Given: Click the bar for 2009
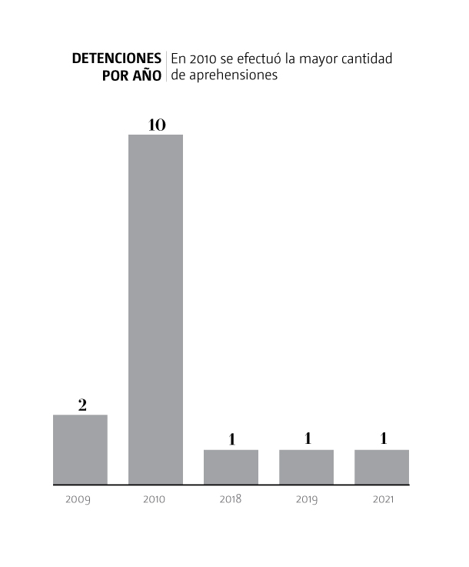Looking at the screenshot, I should coord(80,450).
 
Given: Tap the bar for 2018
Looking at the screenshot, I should coord(231,467).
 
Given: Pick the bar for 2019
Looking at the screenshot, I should coord(306,467).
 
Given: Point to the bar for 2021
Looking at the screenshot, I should coord(381,467).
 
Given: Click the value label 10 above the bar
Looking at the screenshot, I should coord(156,124).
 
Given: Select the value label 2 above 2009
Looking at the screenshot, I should coord(81,405).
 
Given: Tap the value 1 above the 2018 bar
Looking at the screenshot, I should coord(231,439).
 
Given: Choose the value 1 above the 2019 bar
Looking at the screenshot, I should coord(307,439).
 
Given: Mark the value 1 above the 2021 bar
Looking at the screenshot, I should coord(382,439).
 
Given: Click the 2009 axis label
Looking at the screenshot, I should coord(78,499).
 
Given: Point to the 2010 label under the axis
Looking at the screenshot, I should coord(155,499).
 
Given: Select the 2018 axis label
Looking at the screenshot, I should coord(230,499).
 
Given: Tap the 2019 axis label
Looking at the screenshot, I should coord(306,499).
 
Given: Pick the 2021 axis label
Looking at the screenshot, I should coord(382,499).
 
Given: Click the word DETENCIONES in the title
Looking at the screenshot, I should coord(117,59).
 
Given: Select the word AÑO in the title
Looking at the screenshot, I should coord(146,76).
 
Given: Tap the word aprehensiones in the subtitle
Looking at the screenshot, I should coord(231,76).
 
